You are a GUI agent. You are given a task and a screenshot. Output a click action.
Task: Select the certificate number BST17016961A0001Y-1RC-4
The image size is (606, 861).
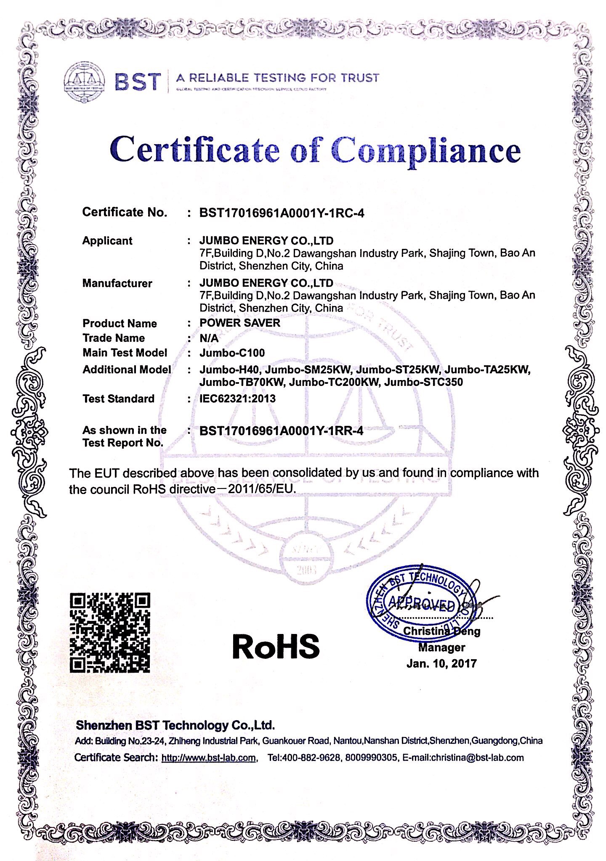[x=282, y=213]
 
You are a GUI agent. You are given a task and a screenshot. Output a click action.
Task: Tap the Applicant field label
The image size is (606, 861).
[x=107, y=241]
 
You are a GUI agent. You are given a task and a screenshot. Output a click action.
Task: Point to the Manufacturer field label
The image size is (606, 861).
[x=117, y=283]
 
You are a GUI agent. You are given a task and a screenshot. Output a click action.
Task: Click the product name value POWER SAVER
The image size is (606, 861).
[x=239, y=323]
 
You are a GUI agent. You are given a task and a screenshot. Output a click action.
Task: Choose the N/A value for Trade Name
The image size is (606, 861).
[x=209, y=338]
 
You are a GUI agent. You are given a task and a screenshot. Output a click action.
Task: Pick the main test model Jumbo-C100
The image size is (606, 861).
[x=232, y=353]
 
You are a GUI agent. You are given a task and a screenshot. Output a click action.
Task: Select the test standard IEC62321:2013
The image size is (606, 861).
[x=237, y=399]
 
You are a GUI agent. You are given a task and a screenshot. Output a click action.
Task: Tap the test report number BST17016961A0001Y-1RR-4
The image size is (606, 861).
[x=281, y=430]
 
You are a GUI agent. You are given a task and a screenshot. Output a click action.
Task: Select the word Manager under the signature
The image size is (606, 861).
[x=441, y=647]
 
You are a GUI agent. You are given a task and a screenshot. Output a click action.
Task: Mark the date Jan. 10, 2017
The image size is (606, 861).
[x=441, y=664]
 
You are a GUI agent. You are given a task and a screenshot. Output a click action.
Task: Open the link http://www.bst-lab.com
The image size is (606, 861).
[x=208, y=758]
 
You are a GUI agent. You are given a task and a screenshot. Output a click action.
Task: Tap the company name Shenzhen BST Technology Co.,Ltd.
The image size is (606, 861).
[x=175, y=725]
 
